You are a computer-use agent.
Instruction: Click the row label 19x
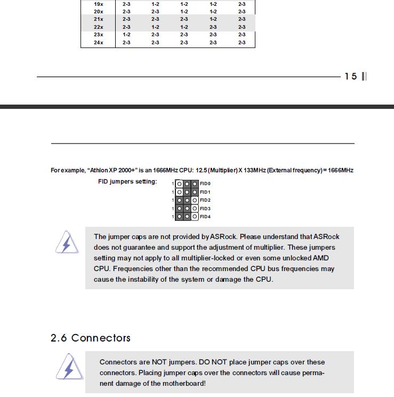pos(98,3)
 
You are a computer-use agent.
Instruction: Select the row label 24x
pos(98,42)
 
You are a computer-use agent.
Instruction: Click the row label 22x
pos(98,27)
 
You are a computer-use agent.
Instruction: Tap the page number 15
pos(350,76)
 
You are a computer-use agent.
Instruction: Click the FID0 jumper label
pos(205,184)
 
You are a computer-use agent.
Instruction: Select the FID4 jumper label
pos(205,217)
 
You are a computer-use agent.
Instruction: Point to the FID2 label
pos(205,200)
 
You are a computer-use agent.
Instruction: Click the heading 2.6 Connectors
pos(90,338)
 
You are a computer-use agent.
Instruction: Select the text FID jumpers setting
pos(127,181)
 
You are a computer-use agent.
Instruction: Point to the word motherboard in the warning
pos(179,384)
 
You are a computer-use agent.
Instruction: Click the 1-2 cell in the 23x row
pos(126,34)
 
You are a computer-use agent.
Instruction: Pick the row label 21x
pos(98,19)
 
